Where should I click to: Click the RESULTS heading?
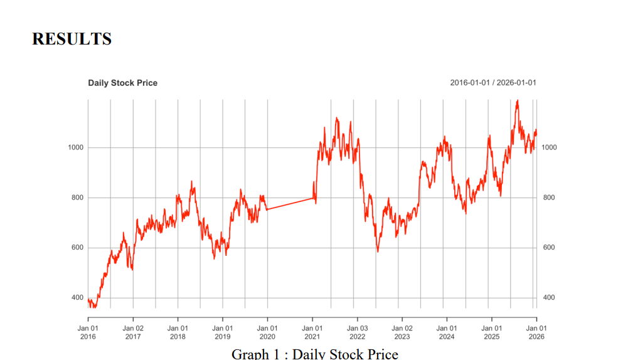pyautogui.click(x=72, y=39)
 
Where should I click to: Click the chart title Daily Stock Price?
pyautogui.click(x=122, y=83)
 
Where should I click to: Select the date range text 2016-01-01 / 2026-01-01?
pyautogui.click(x=493, y=83)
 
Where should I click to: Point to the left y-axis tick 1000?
pyautogui.click(x=76, y=147)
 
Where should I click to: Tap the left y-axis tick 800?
pyautogui.click(x=78, y=198)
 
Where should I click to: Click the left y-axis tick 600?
pyautogui.click(x=78, y=248)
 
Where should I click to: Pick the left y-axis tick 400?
pyautogui.click(x=78, y=297)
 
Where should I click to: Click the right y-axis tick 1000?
pyautogui.click(x=549, y=147)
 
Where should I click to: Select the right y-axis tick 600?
pyautogui.click(x=549, y=248)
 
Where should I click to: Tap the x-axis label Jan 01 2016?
pyautogui.click(x=88, y=332)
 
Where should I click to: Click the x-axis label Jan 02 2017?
pyautogui.click(x=133, y=332)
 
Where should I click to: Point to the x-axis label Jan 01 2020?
pyautogui.click(x=267, y=332)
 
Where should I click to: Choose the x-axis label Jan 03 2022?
pyautogui.click(x=357, y=332)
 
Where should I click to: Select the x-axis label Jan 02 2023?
pyautogui.click(x=402, y=332)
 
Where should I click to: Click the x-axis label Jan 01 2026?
pyautogui.click(x=536, y=332)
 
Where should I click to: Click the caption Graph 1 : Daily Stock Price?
pyautogui.click(x=315, y=354)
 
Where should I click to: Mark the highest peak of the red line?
pyautogui.click(x=517, y=101)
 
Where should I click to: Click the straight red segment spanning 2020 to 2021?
pyautogui.click(x=290, y=204)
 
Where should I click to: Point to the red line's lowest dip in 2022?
pyautogui.click(x=378, y=251)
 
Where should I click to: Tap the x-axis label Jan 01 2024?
pyautogui.click(x=447, y=332)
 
